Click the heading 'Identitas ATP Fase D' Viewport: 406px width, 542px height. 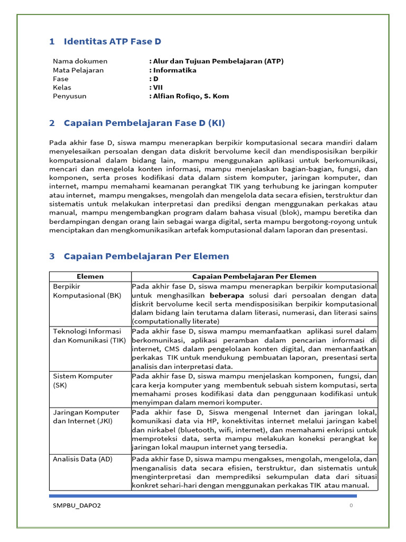coord(112,41)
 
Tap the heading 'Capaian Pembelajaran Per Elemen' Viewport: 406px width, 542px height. coord(146,256)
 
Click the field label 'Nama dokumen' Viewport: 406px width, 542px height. coord(80,61)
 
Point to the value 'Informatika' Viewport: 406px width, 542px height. coord(174,70)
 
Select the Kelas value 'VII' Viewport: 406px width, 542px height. coord(158,87)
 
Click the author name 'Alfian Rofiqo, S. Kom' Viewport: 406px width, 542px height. coord(190,96)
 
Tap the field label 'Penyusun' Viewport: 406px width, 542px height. coord(69,96)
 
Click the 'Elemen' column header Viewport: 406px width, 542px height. coord(90,276)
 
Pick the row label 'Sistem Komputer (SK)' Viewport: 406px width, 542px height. coord(82,381)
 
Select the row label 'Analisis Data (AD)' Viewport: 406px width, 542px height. coord(82,459)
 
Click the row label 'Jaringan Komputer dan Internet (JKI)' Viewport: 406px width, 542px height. coord(86,417)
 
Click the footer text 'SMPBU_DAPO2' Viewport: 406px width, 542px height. coord(77,505)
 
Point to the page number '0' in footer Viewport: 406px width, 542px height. coord(351,505)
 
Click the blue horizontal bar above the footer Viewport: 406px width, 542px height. coord(203,496)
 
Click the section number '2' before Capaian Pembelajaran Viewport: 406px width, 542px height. coord(52,123)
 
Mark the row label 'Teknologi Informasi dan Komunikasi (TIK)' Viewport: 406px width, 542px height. coord(89,336)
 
